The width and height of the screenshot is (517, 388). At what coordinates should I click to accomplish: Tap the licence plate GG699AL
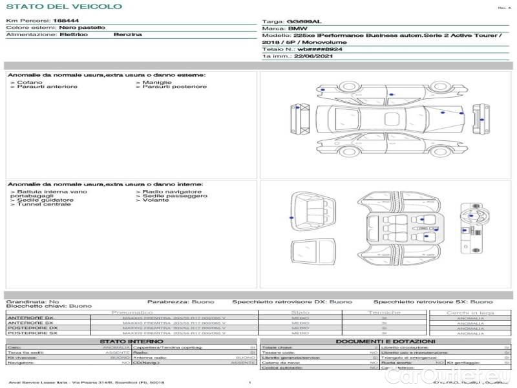click(x=304, y=22)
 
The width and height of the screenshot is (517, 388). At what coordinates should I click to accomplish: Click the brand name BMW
click(x=297, y=29)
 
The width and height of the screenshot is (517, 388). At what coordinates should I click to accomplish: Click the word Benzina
click(x=127, y=34)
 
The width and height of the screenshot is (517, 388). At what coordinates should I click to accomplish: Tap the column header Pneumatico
click(x=132, y=313)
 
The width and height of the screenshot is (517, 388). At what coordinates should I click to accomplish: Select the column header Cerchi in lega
click(x=470, y=313)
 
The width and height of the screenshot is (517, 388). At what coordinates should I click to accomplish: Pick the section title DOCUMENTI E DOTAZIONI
click(x=385, y=341)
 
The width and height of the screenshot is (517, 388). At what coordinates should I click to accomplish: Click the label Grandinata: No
click(x=32, y=302)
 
